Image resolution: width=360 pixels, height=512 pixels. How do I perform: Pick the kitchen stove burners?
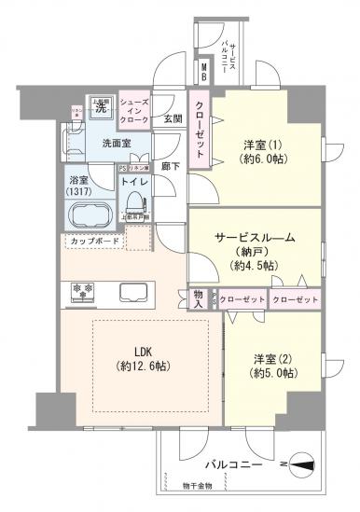pos(78,291)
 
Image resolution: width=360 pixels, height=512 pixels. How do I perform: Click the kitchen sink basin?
pos(132,291)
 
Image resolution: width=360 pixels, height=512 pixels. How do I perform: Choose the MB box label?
pos(204,69)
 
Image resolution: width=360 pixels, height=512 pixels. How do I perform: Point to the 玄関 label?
pos(173,118)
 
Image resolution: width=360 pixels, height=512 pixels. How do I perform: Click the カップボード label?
pos(93,241)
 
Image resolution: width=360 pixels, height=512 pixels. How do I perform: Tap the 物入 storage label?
pos(199,298)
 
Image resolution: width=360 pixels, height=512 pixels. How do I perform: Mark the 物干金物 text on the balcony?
pos(197,485)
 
